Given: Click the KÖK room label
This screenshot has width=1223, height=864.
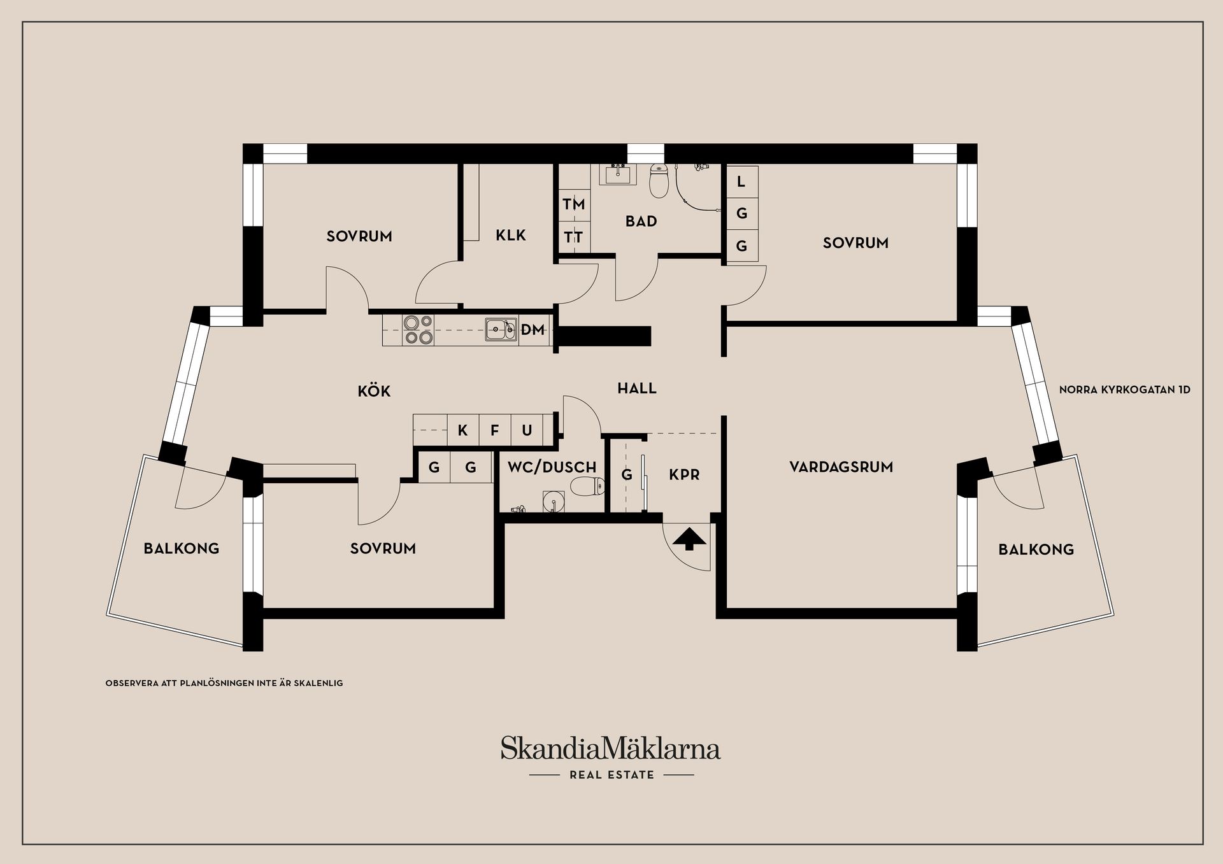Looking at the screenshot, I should [x=374, y=391].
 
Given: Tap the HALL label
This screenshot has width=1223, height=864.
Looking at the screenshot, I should [x=636, y=388].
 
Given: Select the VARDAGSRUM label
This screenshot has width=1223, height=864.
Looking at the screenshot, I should [x=841, y=467].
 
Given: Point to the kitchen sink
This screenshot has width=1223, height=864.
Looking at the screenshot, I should [x=501, y=329].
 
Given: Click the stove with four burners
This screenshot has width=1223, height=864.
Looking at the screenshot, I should [x=418, y=330].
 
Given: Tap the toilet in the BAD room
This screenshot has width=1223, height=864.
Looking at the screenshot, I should [x=658, y=180].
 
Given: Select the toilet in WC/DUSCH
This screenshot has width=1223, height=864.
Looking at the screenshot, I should [x=587, y=488].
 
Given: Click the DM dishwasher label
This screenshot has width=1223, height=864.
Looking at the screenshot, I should [x=533, y=329].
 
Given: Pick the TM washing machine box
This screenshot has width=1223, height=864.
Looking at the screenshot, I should [x=573, y=204].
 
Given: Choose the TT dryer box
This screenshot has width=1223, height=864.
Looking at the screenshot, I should [x=573, y=237].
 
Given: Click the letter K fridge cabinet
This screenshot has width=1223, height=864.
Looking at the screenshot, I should [x=463, y=430].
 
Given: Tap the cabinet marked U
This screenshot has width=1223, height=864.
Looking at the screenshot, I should [x=527, y=430].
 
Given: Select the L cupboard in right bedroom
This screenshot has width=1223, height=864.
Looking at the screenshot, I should [x=741, y=181].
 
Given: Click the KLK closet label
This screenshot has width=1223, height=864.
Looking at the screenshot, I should [x=511, y=236].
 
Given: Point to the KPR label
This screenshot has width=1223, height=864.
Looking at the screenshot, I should [x=684, y=474].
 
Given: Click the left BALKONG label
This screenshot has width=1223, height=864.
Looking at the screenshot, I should [x=181, y=548].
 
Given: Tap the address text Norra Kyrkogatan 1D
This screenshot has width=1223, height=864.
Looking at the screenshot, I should [x=1124, y=390].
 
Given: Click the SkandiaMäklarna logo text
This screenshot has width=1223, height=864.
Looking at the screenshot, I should [x=610, y=749].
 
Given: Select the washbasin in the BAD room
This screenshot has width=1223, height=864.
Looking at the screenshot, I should [x=617, y=174].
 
